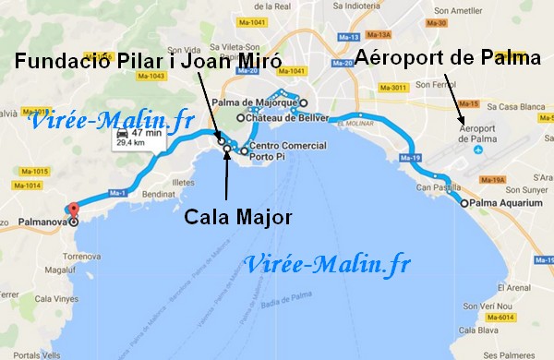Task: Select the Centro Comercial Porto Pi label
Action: (x=287, y=150)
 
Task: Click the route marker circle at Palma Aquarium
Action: (x=464, y=204)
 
